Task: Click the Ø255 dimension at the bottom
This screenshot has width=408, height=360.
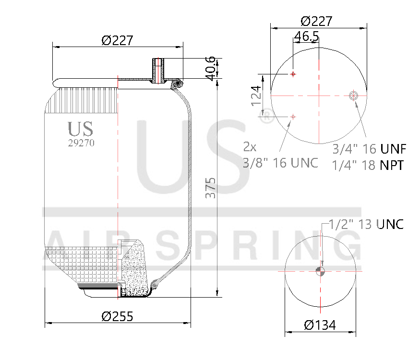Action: (118, 316)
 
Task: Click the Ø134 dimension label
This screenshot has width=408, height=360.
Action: (320, 325)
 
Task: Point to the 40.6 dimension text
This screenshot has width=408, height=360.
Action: (210, 68)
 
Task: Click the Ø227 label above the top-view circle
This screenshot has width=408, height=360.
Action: (317, 21)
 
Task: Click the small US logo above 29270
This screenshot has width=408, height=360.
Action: (80, 129)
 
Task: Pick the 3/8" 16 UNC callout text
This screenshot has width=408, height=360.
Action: (281, 163)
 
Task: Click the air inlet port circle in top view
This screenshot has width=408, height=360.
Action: (354, 96)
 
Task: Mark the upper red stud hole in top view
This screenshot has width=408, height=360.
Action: (293, 74)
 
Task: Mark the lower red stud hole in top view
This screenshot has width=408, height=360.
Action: (293, 116)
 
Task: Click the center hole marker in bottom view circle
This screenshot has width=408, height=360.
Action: (321, 271)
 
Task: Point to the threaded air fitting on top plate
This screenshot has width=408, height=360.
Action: (158, 70)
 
